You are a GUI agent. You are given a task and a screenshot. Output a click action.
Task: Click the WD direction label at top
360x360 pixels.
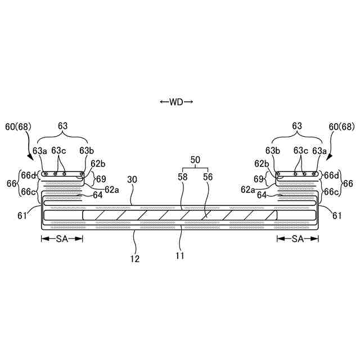click(x=176, y=102)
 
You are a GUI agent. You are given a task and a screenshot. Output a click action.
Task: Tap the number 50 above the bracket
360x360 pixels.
click(x=195, y=160)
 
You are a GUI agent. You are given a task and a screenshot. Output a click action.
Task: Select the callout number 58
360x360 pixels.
click(x=183, y=176)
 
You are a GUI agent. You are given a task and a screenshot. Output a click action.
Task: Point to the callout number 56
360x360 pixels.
click(x=208, y=176)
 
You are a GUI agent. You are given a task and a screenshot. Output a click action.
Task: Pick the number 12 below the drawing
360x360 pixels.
click(x=135, y=259)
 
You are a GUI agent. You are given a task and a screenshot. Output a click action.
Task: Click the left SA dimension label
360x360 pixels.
click(x=62, y=239)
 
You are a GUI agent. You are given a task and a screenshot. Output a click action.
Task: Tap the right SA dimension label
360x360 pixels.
click(x=298, y=239)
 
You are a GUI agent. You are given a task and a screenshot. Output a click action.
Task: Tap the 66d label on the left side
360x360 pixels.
click(x=28, y=175)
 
